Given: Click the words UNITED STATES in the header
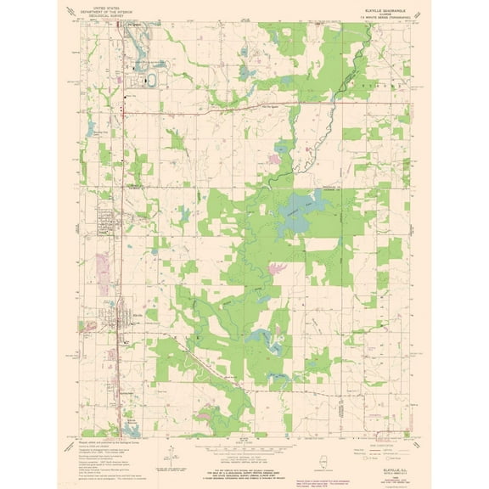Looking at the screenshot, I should [x=121, y=4].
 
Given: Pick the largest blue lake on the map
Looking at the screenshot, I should [x=293, y=204].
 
